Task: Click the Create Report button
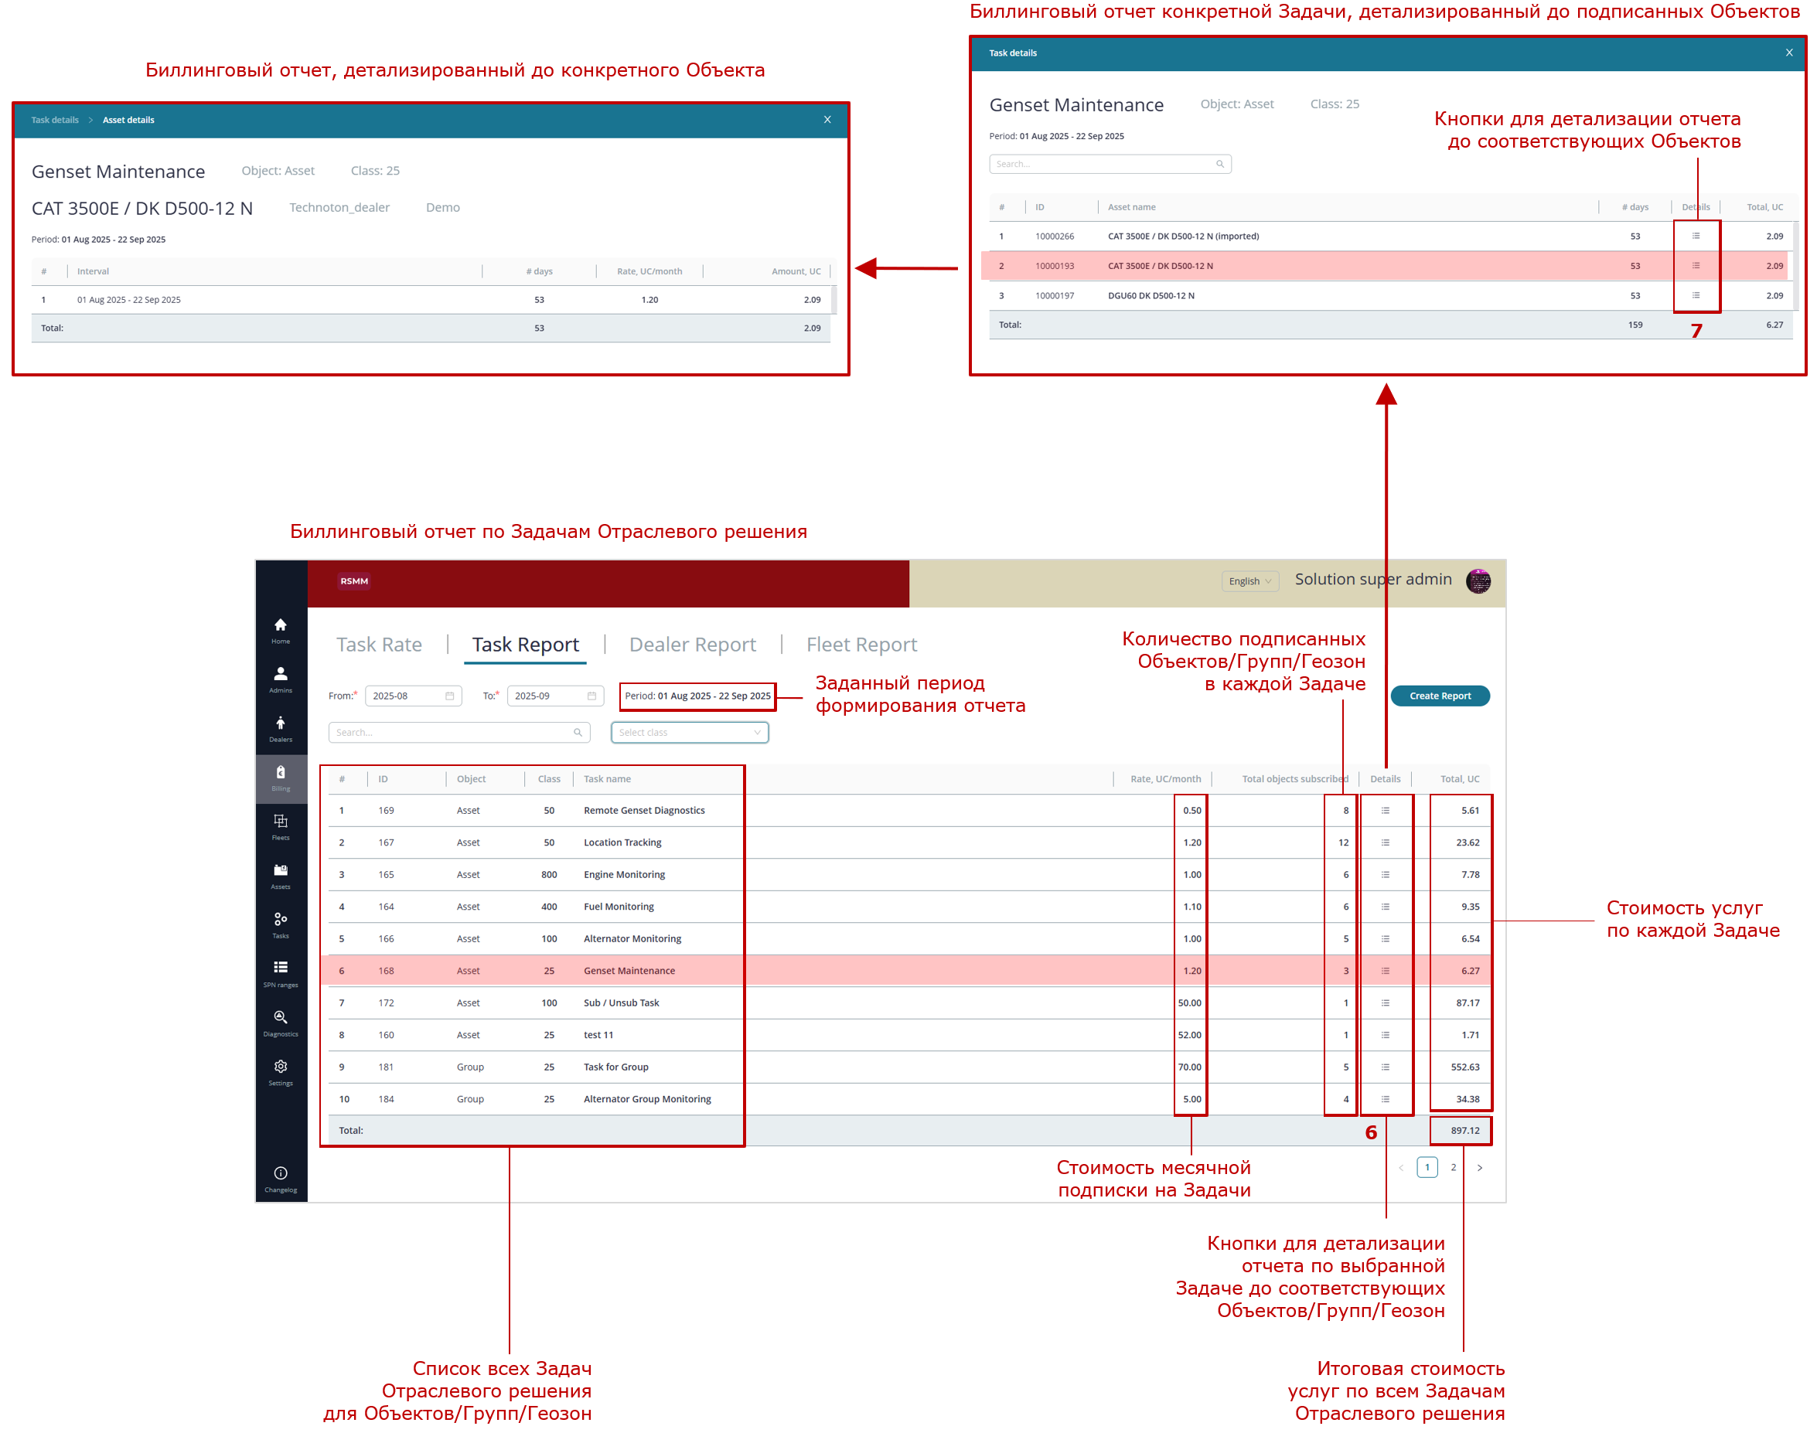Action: pos(1440,696)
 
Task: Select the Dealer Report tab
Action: pos(692,645)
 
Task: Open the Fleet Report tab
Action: pos(861,645)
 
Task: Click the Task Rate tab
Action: pos(379,645)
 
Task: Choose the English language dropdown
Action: pos(1249,581)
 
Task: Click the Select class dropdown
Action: pos(689,733)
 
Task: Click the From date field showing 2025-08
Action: pos(413,696)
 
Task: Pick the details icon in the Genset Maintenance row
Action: pos(1385,971)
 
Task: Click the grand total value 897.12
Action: pos(1464,1130)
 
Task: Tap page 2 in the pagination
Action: pos(1453,1167)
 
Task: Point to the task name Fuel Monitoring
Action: pos(619,906)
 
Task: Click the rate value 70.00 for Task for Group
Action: pos(1189,1067)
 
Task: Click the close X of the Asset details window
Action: pos(827,119)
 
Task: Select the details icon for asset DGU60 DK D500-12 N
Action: pos(1696,295)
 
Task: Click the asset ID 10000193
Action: pos(1054,266)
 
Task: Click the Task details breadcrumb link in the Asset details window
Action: pos(55,120)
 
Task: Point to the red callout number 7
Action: pos(1696,331)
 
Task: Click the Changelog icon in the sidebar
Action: pos(281,1173)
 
